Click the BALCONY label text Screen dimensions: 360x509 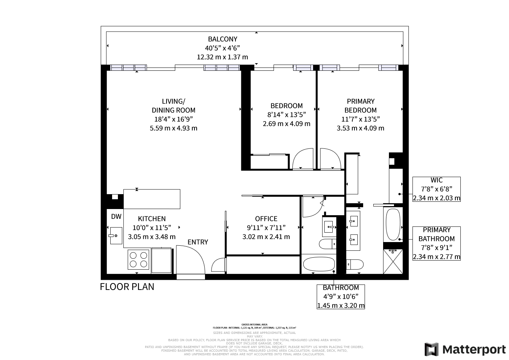[x=222, y=39]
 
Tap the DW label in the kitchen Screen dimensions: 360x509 [x=116, y=217]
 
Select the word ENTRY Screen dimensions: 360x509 [x=198, y=242]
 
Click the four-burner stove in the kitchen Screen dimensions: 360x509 [x=139, y=259]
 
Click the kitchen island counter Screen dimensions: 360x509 [x=152, y=199]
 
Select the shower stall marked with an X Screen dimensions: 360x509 [x=393, y=262]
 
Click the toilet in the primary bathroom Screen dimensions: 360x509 [x=354, y=265]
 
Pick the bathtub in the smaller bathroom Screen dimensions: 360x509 [x=319, y=265]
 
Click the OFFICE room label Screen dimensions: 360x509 [x=266, y=219]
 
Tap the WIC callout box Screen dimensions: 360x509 [x=436, y=189]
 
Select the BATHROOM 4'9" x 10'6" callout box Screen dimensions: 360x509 [x=341, y=296]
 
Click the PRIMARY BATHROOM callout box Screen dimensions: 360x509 [x=436, y=243]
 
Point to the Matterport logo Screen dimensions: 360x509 [x=465, y=349]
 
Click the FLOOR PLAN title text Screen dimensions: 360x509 [x=127, y=287]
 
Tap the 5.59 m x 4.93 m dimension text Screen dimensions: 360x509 [x=173, y=128]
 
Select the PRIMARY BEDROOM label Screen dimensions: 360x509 [x=360, y=106]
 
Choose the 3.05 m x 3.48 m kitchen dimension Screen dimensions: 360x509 [x=152, y=237]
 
